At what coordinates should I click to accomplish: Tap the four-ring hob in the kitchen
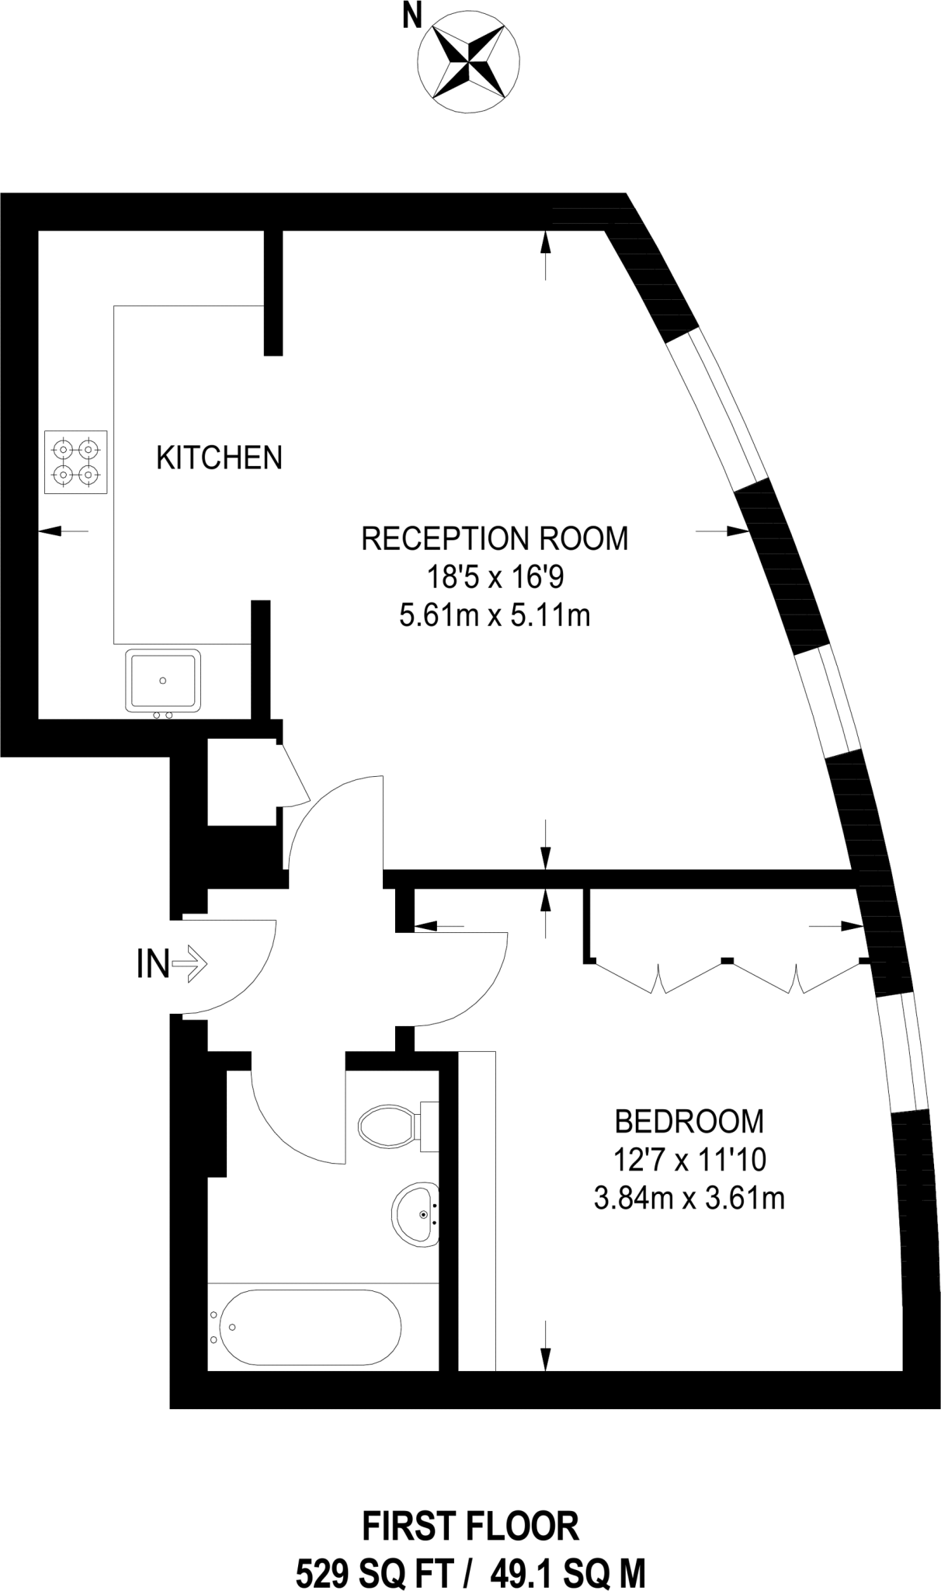[76, 461]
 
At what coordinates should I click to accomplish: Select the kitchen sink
[163, 681]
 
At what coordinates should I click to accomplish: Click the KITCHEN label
[219, 458]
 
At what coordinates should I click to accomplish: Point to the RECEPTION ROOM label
[495, 538]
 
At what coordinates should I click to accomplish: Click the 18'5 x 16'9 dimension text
[495, 577]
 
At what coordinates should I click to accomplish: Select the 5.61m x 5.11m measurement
[495, 615]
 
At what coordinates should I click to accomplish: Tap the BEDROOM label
[689, 1121]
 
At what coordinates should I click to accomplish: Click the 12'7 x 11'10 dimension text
[689, 1160]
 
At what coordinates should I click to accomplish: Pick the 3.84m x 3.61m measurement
[689, 1198]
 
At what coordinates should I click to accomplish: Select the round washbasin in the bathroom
[415, 1215]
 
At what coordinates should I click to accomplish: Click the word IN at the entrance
[152, 964]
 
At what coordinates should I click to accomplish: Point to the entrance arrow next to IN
[189, 964]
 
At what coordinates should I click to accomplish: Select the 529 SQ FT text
[373, 1573]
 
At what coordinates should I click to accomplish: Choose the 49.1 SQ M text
[568, 1573]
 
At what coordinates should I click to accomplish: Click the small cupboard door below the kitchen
[294, 775]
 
